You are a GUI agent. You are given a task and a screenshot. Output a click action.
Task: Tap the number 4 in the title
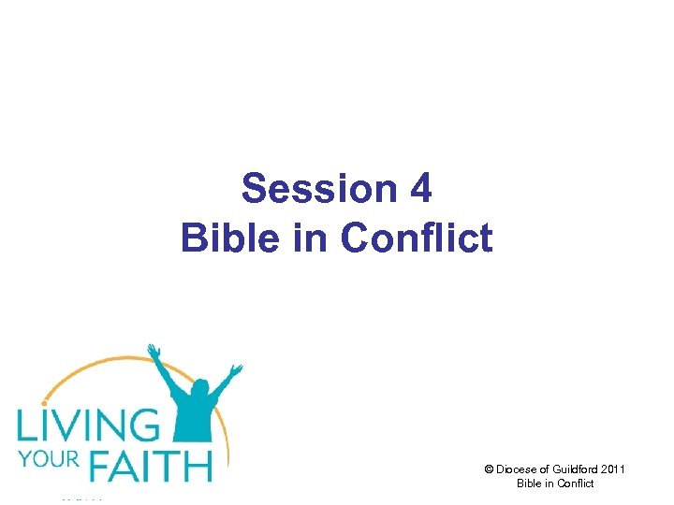pyautogui.click(x=420, y=189)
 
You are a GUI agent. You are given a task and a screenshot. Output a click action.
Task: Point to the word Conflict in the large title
pyautogui.click(x=417, y=238)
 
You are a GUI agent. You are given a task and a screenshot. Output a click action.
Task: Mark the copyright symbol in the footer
pyautogui.click(x=488, y=469)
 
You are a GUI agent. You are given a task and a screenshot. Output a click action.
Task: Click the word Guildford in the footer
pyautogui.click(x=572, y=469)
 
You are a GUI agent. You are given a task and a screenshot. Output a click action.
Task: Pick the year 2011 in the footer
pyautogui.click(x=612, y=469)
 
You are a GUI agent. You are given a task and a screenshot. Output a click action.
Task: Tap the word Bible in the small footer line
pyautogui.click(x=529, y=483)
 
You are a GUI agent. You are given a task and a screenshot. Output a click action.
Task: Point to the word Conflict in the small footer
pyautogui.click(x=576, y=483)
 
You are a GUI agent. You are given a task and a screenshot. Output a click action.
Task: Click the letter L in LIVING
pyautogui.click(x=25, y=426)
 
